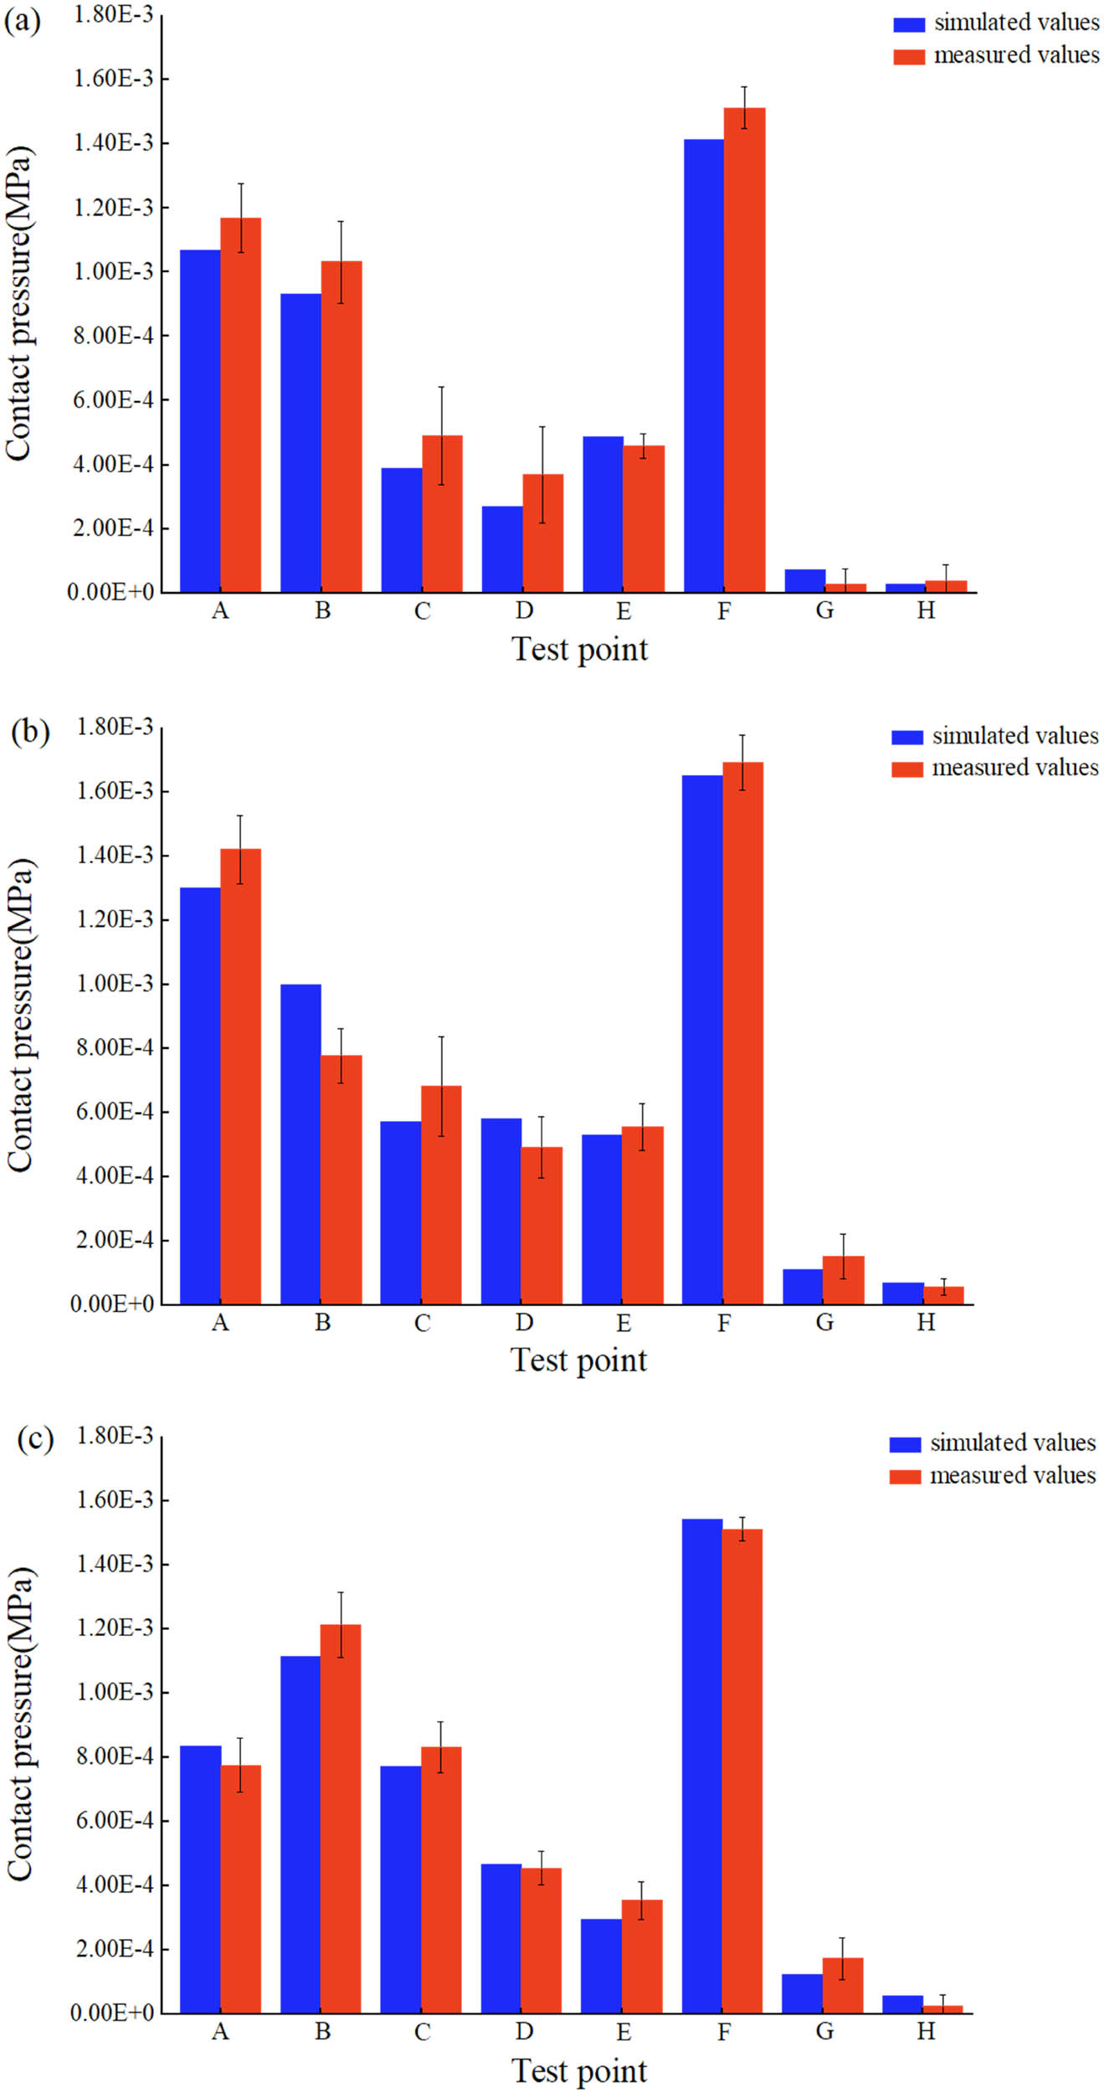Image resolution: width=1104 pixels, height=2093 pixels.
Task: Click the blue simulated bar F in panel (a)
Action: click(x=703, y=366)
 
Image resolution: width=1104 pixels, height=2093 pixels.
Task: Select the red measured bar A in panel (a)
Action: click(x=240, y=405)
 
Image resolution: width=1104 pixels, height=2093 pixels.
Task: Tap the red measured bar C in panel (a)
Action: click(x=442, y=514)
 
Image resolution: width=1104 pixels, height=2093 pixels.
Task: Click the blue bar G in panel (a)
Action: click(x=804, y=581)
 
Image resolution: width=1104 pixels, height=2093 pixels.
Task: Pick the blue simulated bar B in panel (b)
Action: click(x=300, y=1144)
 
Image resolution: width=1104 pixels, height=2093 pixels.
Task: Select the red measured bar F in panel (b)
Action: click(x=742, y=1033)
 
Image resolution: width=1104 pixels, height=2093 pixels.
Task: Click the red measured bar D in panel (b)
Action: click(x=542, y=1226)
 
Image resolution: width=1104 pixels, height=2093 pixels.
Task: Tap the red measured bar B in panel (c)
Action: click(x=341, y=1818)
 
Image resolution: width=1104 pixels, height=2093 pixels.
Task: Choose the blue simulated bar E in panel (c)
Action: click(x=601, y=1966)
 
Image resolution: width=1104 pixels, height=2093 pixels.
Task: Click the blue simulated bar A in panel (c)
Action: click(x=200, y=1880)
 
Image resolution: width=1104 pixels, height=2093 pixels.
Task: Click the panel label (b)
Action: click(x=30, y=731)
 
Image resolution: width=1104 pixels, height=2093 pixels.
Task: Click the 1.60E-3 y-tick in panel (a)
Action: click(x=113, y=79)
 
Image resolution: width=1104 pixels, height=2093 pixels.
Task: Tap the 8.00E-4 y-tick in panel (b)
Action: click(x=115, y=1047)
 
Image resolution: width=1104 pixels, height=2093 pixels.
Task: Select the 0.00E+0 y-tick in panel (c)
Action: click(x=112, y=2013)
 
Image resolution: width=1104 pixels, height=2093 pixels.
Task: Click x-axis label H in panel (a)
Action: click(x=925, y=611)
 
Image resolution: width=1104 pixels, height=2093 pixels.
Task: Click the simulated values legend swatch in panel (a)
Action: click(x=908, y=23)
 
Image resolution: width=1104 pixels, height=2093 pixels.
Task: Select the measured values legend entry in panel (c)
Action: click(x=1012, y=1475)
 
